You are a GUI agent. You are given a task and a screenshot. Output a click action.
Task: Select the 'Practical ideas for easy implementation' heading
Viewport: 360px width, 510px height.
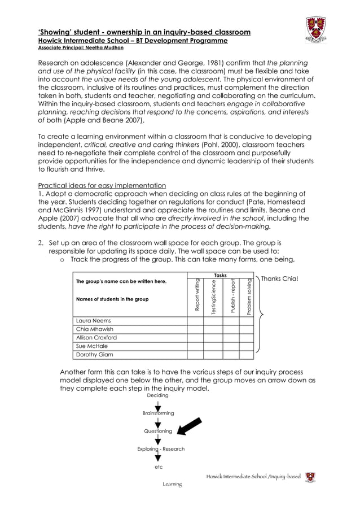click(x=102, y=186)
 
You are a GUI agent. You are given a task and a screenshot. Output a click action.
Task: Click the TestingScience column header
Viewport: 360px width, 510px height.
click(x=213, y=297)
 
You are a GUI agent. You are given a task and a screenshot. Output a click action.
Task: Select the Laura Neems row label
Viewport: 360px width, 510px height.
click(x=94, y=321)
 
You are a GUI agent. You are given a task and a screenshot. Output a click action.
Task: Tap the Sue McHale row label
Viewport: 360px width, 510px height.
click(x=92, y=346)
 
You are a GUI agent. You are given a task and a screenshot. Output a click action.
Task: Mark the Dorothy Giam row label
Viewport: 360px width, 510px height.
click(x=95, y=355)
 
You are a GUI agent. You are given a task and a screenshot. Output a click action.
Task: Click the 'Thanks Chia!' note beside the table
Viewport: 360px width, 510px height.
click(x=279, y=279)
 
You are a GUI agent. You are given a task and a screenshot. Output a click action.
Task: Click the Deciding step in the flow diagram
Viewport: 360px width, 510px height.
click(x=157, y=395)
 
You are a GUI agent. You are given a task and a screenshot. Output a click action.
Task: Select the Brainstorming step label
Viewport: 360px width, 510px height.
click(x=159, y=413)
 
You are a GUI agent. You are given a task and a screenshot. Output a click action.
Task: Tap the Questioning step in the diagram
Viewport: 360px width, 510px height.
click(x=158, y=431)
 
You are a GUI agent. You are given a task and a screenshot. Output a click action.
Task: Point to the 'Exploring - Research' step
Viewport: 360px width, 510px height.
click(x=161, y=449)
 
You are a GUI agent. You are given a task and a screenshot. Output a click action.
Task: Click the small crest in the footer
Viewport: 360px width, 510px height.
click(x=310, y=477)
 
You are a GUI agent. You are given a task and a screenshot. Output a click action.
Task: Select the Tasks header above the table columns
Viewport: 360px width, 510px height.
click(x=220, y=275)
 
